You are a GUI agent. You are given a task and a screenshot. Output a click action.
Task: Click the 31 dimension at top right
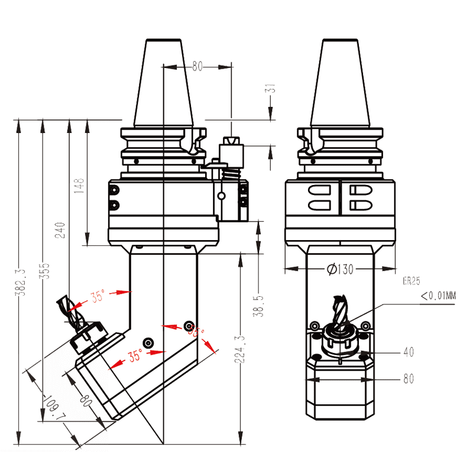pyautogui.click(x=270, y=89)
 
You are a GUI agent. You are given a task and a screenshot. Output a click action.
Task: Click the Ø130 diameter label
pyautogui.click(x=339, y=270)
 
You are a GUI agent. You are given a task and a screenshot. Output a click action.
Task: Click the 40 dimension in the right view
pyautogui.click(x=408, y=352)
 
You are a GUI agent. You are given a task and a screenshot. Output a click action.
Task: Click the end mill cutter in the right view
pyautogui.click(x=341, y=313)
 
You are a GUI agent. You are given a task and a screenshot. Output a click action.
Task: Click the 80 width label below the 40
pyautogui.click(x=408, y=379)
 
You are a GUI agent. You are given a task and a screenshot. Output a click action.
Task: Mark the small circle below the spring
pyautogui.click(x=221, y=196)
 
